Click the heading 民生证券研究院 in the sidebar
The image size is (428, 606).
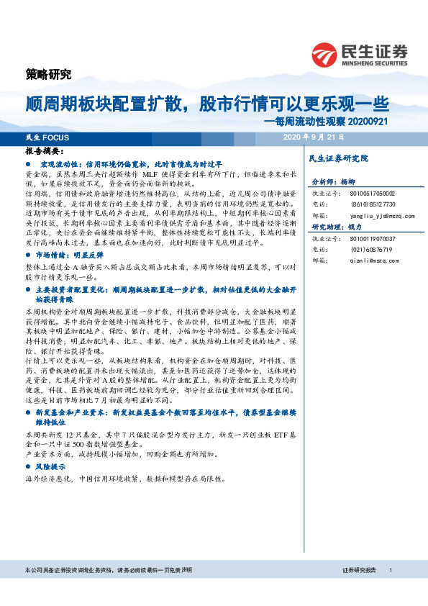[x=337, y=158]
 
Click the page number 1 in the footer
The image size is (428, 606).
[x=390, y=570]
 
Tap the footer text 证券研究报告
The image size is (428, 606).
[x=360, y=570]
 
